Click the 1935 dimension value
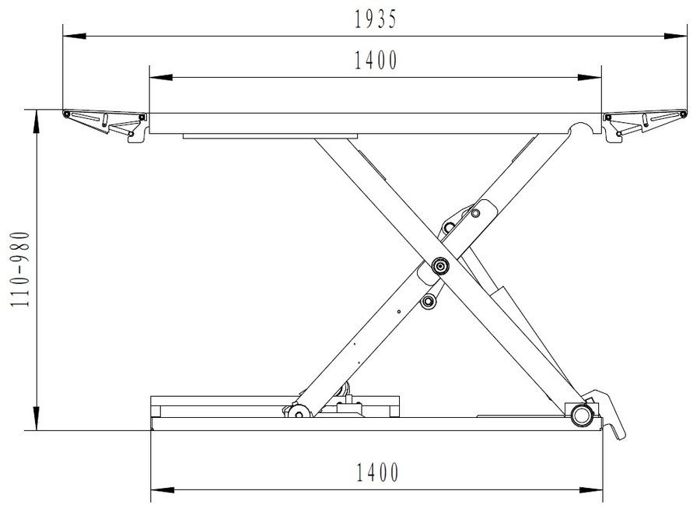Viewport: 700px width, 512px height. (x=375, y=19)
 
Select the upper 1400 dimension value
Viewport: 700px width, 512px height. (x=376, y=61)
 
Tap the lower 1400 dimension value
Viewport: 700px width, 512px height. (x=377, y=472)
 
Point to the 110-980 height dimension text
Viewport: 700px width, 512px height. (x=20, y=269)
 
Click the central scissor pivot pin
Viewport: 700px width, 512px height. (x=440, y=266)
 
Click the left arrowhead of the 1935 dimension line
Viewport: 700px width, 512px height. (x=74, y=37)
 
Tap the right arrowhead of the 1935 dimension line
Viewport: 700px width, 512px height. (x=675, y=37)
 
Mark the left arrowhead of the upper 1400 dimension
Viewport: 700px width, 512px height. (x=161, y=77)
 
